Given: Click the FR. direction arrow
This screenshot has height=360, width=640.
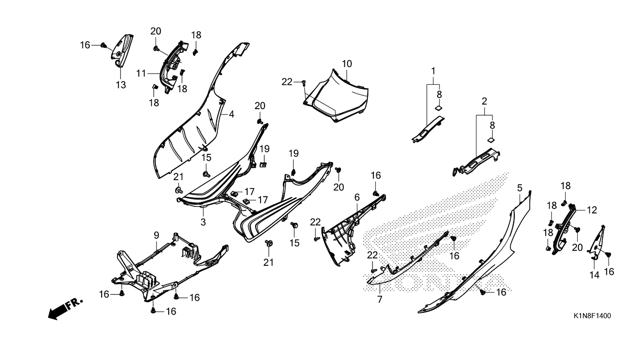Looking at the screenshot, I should pos(65,308).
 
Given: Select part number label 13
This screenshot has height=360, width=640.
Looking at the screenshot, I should pos(121,85).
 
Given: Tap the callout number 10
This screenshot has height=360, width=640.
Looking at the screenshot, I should pos(347,63).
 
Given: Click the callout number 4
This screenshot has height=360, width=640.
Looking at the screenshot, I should pos(231,114).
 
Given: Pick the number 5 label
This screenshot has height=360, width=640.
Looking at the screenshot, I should pos(520,187).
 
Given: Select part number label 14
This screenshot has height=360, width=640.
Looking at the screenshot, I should pos(594,275).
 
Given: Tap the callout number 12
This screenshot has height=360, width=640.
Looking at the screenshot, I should pos(592,210).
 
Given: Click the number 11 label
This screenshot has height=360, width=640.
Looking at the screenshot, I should pos(141,73).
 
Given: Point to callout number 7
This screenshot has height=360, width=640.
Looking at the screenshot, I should pos(380,299).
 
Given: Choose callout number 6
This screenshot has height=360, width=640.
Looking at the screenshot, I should pos(357,197).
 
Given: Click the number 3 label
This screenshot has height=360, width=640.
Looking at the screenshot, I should pos(203,222).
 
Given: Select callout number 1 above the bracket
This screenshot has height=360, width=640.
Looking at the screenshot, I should pos(433,71).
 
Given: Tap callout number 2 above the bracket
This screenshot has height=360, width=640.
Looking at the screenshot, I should pos(484,101).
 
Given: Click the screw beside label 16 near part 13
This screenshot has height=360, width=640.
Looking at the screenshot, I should pos(104,45).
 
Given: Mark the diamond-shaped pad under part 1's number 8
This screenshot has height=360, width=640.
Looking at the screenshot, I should pos(439,107).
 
